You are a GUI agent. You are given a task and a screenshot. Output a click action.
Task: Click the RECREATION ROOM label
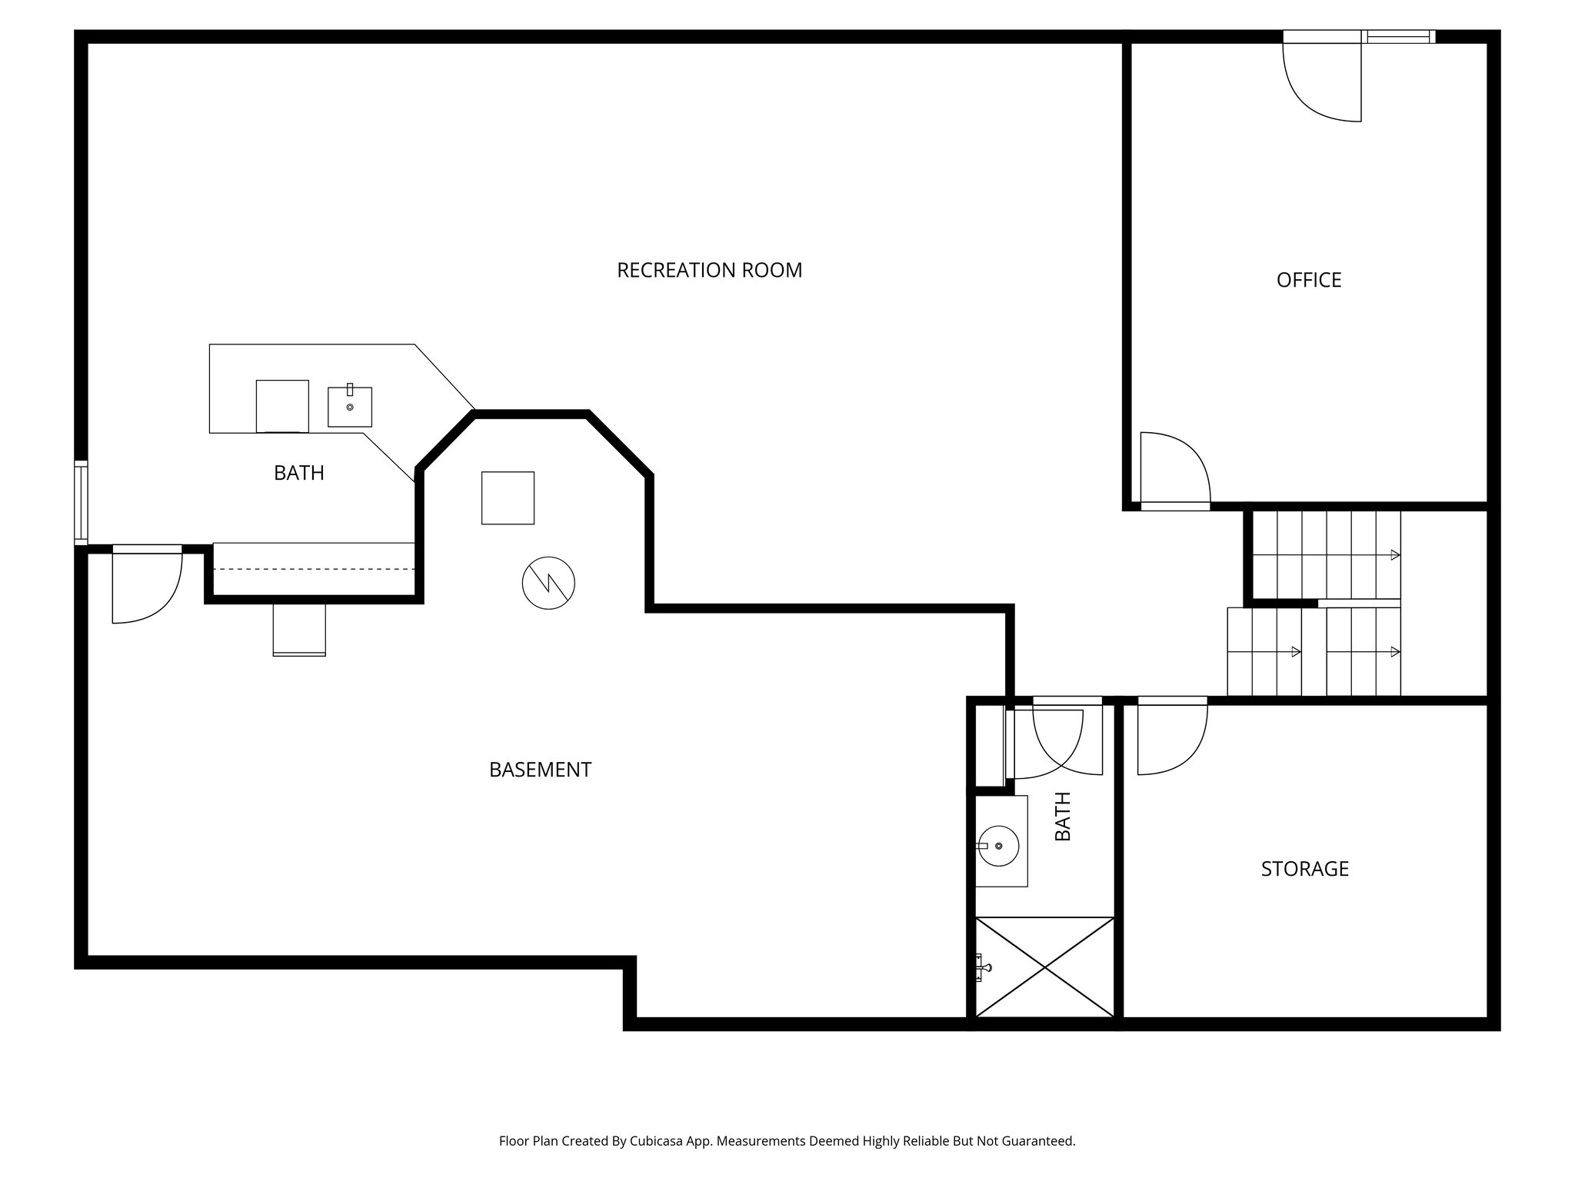pos(709,271)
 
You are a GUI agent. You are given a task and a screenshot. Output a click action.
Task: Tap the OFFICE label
pos(1308,280)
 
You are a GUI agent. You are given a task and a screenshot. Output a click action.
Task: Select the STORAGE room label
pos(1304,869)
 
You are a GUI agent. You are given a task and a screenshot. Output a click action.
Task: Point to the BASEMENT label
pos(540,770)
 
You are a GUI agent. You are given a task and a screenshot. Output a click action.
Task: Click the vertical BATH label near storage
pos(1062,817)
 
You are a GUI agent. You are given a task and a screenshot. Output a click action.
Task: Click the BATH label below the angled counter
pos(298,473)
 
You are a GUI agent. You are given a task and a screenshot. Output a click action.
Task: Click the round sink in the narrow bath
pos(999,846)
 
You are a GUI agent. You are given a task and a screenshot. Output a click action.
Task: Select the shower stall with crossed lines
pos(1044,966)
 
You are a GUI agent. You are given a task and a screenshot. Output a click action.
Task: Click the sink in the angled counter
pos(350,407)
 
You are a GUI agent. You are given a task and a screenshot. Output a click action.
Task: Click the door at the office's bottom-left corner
pos(1174,469)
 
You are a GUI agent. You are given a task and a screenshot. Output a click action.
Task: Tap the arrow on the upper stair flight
pos(1394,555)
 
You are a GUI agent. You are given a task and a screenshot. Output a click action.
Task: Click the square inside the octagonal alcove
pos(508,498)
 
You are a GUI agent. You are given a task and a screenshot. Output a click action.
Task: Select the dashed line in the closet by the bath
pos(314,569)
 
